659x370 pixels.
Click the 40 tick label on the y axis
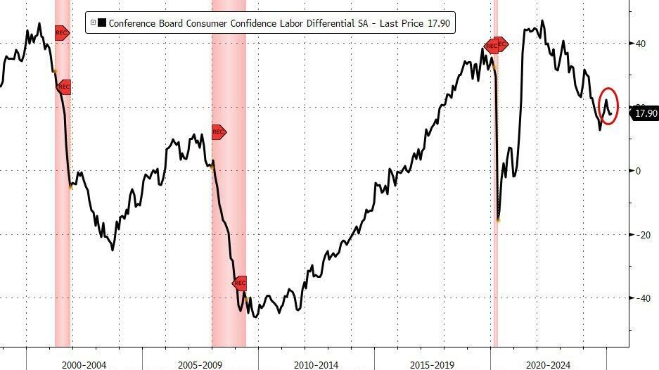pyautogui.click(x=640, y=44)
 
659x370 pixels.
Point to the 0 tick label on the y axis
pyautogui.click(x=638, y=171)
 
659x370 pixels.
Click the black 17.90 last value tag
pyautogui.click(x=645, y=113)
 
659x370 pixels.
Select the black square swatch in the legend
pyautogui.click(x=102, y=24)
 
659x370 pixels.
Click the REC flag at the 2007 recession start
pyautogui.click(x=218, y=132)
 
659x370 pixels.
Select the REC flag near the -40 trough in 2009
pyautogui.click(x=240, y=283)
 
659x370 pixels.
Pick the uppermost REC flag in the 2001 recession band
pyautogui.click(x=62, y=32)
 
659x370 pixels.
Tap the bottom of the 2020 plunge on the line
pyautogui.click(x=498, y=220)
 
